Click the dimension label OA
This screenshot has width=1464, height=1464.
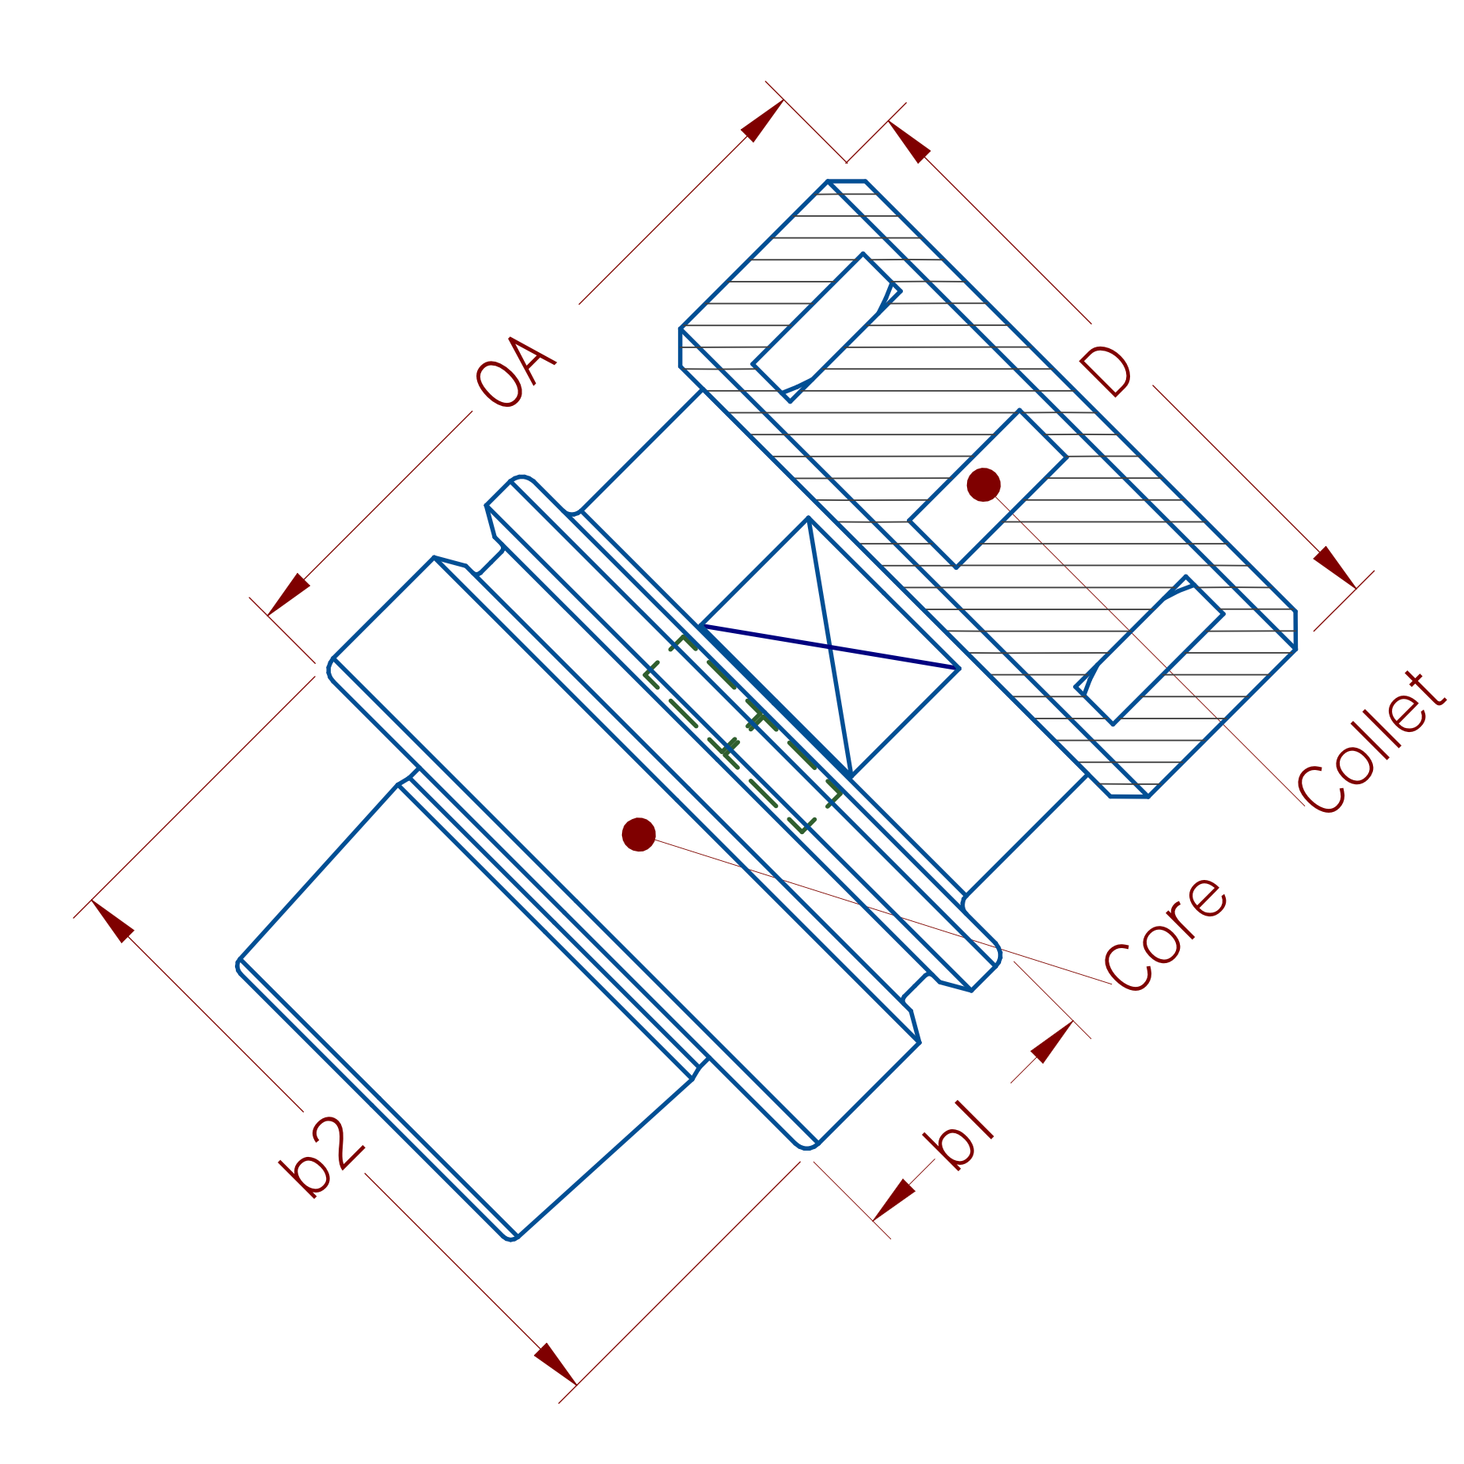515,373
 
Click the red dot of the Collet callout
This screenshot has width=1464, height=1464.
984,484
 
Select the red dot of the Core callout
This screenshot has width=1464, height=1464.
639,834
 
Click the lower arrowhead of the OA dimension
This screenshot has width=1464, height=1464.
289,594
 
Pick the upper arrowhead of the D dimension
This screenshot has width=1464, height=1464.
910,142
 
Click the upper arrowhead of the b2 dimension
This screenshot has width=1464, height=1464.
113,921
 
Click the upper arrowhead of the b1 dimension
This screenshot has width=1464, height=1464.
1051,1042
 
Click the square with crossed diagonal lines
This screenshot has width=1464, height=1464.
829,647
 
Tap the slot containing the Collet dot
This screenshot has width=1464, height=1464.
988,488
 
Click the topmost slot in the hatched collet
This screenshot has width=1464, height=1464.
825,328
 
